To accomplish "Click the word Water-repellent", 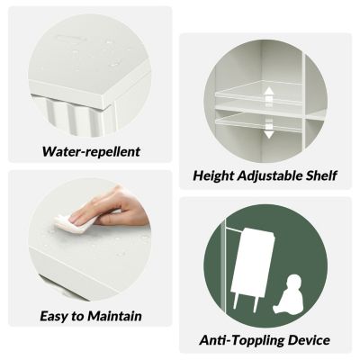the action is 91,151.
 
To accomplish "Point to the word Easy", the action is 54,317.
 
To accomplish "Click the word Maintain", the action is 114,316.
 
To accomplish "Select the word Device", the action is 309,340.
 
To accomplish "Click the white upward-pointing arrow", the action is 269,95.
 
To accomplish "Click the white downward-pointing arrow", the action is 269,129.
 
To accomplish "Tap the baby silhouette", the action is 287,294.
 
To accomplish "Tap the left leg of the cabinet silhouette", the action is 236,301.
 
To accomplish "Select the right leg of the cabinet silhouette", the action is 256,303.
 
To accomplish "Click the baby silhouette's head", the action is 292,282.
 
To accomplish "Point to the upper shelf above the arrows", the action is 258,90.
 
